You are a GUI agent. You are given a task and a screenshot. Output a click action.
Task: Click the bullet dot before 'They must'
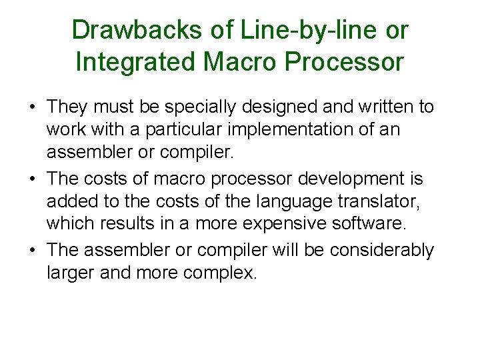pyautogui.click(x=31, y=107)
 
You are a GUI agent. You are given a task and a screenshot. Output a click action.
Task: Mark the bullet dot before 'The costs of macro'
pyautogui.click(x=31, y=179)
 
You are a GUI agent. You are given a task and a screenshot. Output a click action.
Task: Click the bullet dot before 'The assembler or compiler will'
pyautogui.click(x=31, y=251)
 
